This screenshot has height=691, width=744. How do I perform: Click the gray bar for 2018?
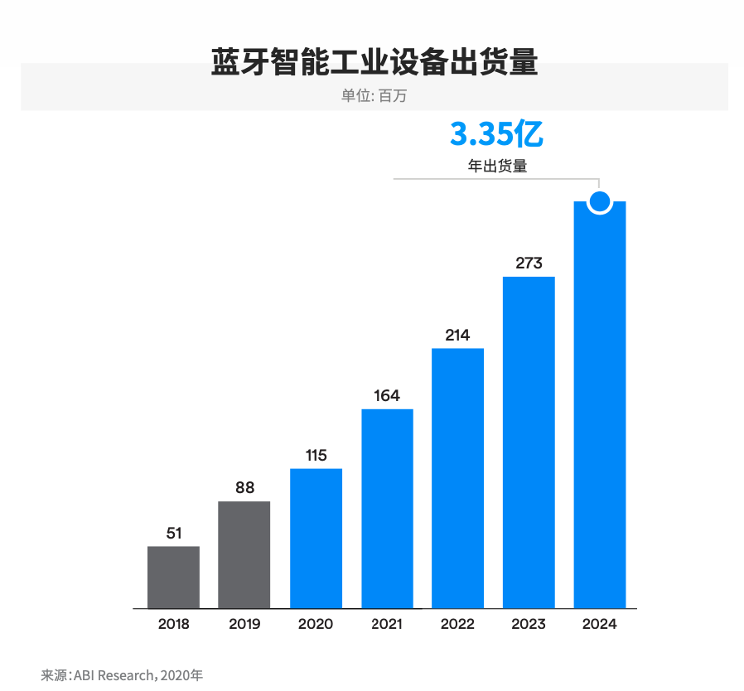pos(173,577)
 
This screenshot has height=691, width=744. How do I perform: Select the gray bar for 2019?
pos(244,554)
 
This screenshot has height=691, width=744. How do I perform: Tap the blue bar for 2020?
pos(316,539)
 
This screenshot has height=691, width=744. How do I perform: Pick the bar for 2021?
pos(387,509)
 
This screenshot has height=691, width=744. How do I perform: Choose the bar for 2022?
pos(457,478)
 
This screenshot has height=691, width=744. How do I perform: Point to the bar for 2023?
pos(529,442)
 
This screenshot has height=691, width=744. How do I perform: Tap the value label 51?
pos(173,534)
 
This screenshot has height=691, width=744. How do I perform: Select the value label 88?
pos(244,488)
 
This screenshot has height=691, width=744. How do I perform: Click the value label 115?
pos(316,456)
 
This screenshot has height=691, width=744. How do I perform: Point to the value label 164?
pos(387,396)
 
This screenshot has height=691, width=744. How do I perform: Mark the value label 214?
pos(457,336)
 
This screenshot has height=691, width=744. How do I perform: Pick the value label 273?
pos(529,263)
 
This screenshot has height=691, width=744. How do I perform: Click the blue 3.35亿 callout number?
pos(496,133)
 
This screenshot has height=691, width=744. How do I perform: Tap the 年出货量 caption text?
pos(497,166)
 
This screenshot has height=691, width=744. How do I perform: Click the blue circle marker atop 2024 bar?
pos(600,201)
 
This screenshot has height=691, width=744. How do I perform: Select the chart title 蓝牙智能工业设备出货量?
pos(374,63)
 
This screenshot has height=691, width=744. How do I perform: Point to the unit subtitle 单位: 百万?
pos(374,95)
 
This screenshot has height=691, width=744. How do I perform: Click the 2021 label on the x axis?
pos(387,624)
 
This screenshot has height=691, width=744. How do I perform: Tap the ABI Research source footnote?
pos(122,674)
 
